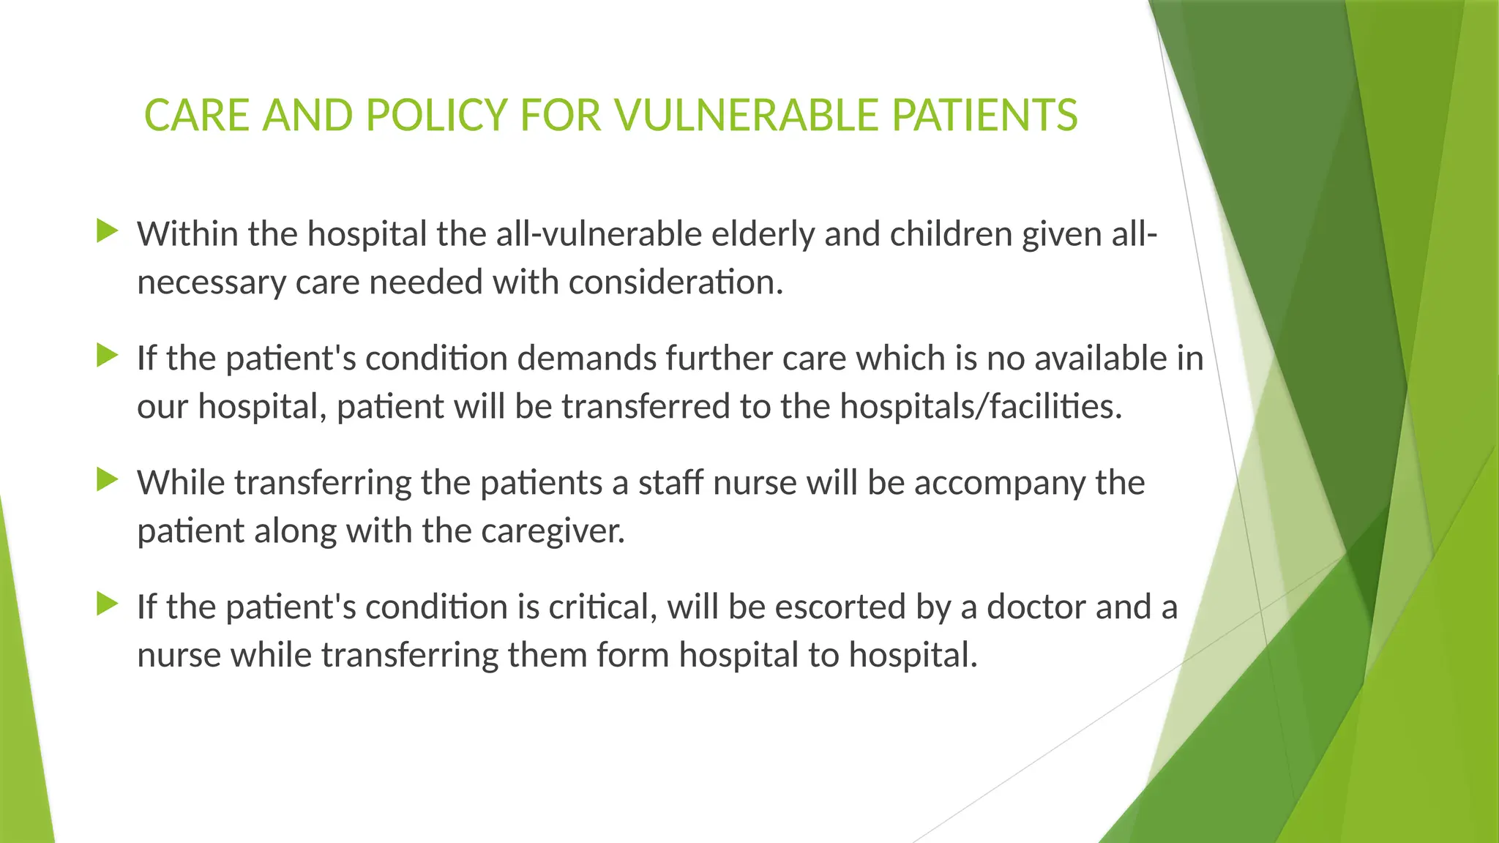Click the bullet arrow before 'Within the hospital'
[108, 232]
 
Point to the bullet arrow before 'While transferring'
[108, 481]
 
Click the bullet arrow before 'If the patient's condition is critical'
[108, 604]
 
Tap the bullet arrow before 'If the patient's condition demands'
[108, 356]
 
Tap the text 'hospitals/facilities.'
[980, 407]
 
